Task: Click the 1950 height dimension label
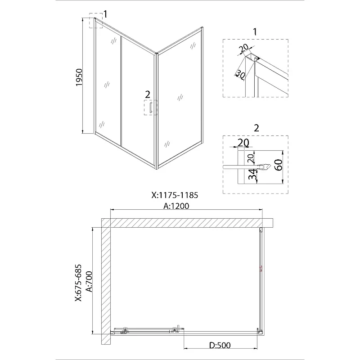click(79, 77)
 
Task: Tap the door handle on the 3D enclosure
click(151, 108)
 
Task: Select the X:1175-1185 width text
click(175, 195)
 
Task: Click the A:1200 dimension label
click(176, 206)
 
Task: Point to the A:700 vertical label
click(89, 282)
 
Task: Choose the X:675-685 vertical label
click(78, 283)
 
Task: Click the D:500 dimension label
click(220, 345)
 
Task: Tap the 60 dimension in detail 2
click(279, 165)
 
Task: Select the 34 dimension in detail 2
click(252, 175)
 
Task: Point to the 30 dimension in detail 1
click(240, 74)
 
